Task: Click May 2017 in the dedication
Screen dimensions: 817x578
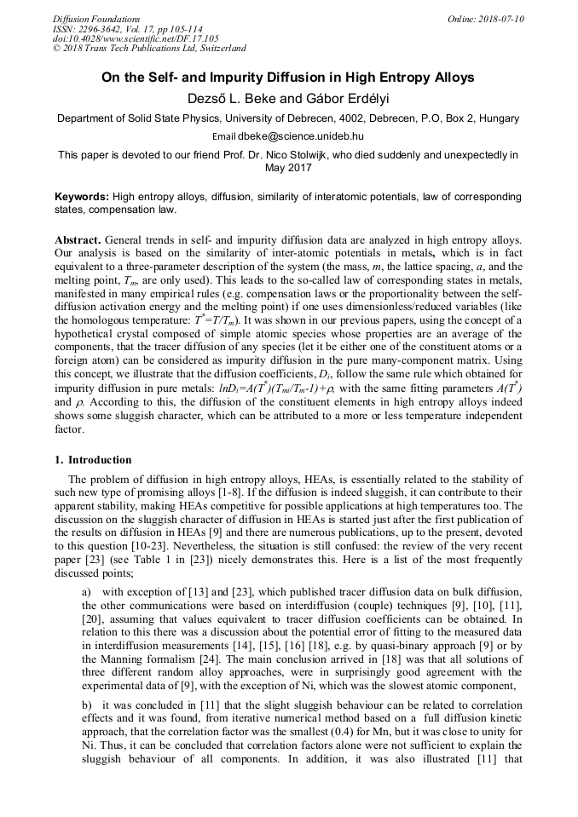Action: tap(288, 168)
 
